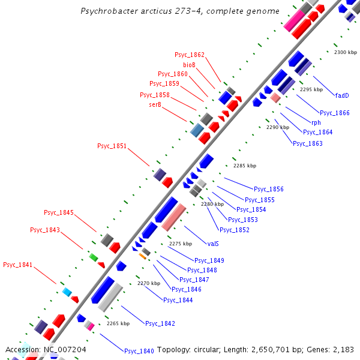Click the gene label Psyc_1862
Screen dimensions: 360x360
point(190,55)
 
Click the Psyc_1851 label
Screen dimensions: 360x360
point(112,146)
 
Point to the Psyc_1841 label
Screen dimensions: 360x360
point(18,265)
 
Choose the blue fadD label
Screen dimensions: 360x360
point(342,95)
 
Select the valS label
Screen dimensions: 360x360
point(212,244)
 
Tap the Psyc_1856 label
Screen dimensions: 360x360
point(269,190)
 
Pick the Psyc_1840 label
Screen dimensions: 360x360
point(139,351)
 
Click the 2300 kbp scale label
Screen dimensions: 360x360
point(345,53)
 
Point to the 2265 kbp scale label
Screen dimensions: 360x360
point(118,323)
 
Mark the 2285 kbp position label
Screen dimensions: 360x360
point(245,166)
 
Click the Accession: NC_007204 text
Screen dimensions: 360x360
point(46,349)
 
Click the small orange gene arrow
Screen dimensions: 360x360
point(143,256)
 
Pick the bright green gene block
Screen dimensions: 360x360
point(93,257)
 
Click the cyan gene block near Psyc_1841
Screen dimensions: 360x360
point(67,292)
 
